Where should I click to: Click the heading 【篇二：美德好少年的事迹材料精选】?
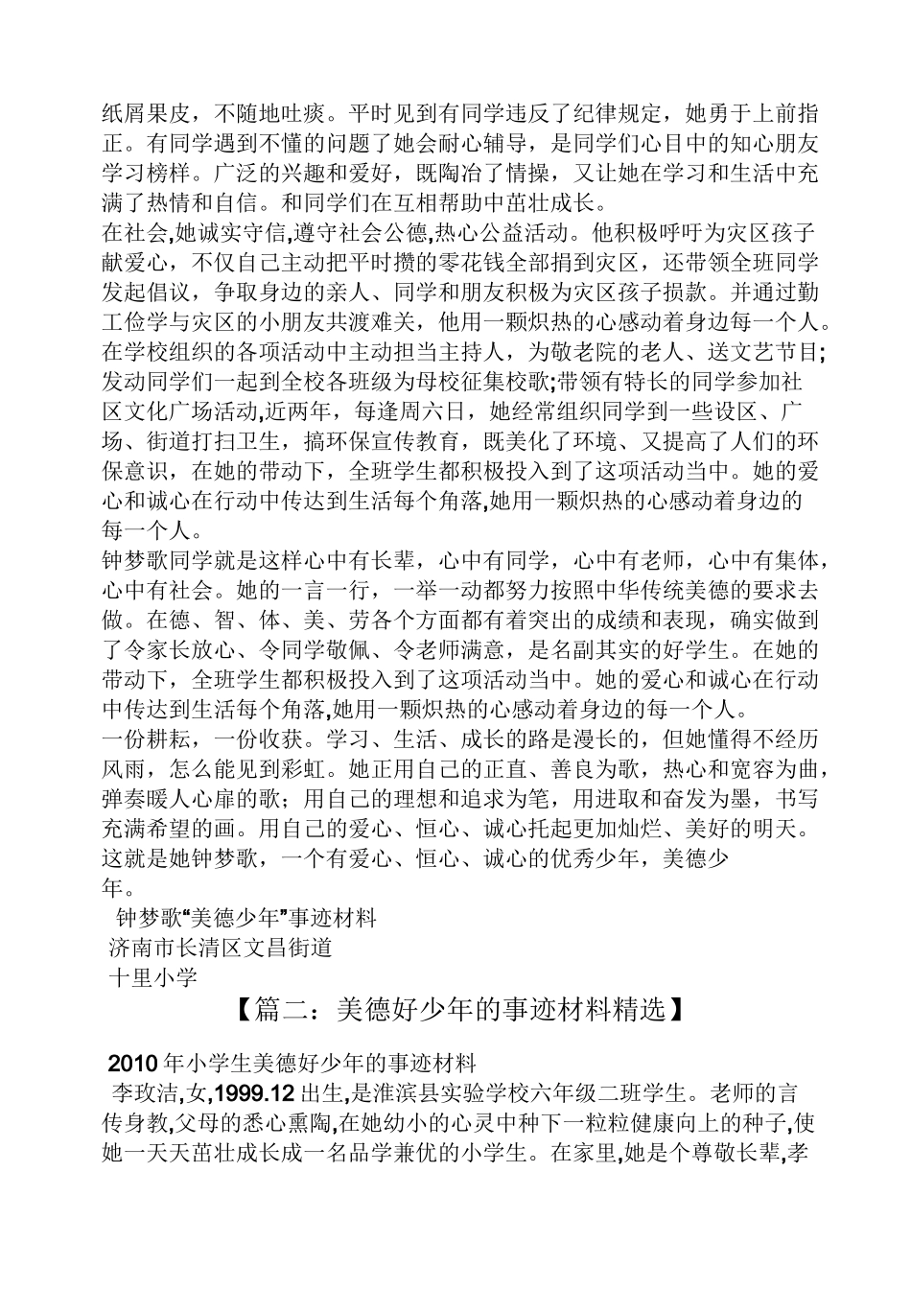[x=455, y=1011]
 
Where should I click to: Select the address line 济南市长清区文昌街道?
[x=221, y=948]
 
